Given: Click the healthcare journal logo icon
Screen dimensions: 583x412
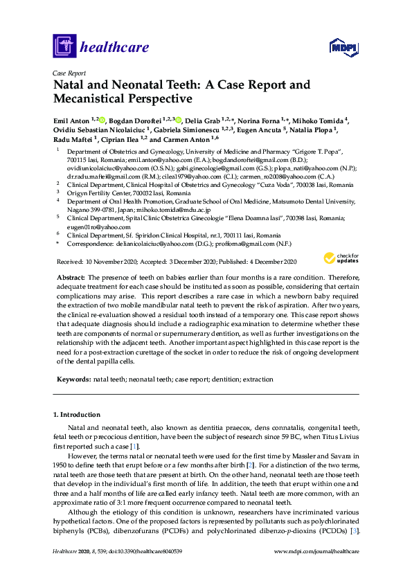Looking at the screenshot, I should tap(64, 47).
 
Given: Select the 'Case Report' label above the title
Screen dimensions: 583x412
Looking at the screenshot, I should tap(69, 72).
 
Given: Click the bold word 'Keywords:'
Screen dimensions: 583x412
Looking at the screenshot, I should tap(73, 380).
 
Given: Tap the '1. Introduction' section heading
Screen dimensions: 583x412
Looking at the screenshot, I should tap(76, 415).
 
